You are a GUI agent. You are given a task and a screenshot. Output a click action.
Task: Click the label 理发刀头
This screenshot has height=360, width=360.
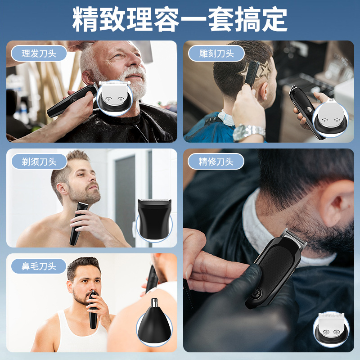[x=39, y=54]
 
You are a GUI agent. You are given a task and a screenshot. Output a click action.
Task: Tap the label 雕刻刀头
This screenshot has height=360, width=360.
[x=216, y=54]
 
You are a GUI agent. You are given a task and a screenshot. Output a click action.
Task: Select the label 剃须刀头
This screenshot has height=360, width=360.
[x=39, y=162]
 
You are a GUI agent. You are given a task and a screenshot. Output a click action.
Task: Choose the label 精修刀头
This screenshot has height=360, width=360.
[x=216, y=162]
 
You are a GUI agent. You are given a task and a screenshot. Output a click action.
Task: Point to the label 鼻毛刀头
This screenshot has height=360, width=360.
[x=39, y=266]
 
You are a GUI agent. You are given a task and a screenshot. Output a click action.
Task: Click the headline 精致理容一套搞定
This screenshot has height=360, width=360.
[x=180, y=19]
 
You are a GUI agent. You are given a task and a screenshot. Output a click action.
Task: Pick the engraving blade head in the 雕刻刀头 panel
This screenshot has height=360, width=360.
[x=331, y=117]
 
